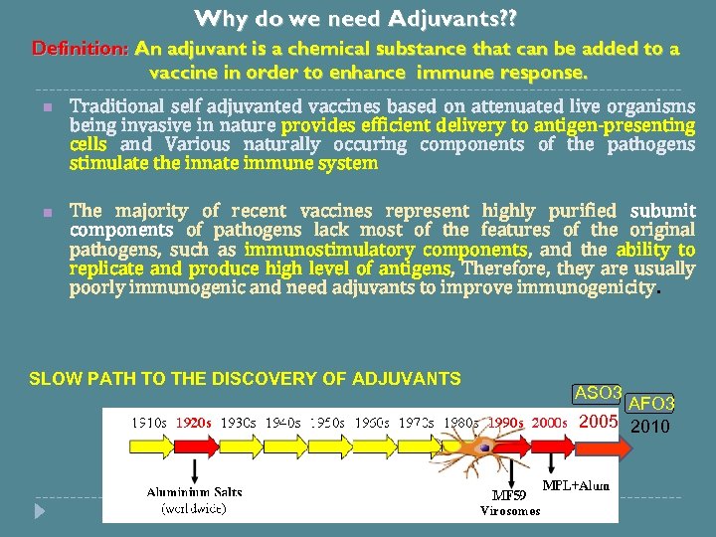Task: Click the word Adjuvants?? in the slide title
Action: click(x=453, y=18)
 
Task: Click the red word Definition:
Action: click(x=81, y=48)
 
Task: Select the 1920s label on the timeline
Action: click(x=193, y=422)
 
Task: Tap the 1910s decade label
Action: click(x=150, y=422)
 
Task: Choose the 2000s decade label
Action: click(x=549, y=422)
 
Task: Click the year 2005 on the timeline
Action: click(x=599, y=422)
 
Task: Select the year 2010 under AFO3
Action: click(x=650, y=427)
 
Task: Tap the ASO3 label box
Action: click(x=599, y=393)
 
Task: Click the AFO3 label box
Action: click(x=650, y=403)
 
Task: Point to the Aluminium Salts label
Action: click(x=195, y=492)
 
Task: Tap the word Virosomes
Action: click(x=510, y=511)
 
